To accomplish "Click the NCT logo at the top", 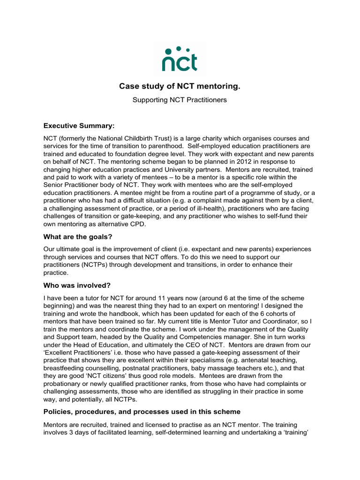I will [x=180, y=58].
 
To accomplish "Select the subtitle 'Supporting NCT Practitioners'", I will [x=180, y=100].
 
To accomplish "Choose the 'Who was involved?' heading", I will [x=77, y=286].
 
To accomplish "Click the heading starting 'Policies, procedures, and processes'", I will [x=142, y=412].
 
